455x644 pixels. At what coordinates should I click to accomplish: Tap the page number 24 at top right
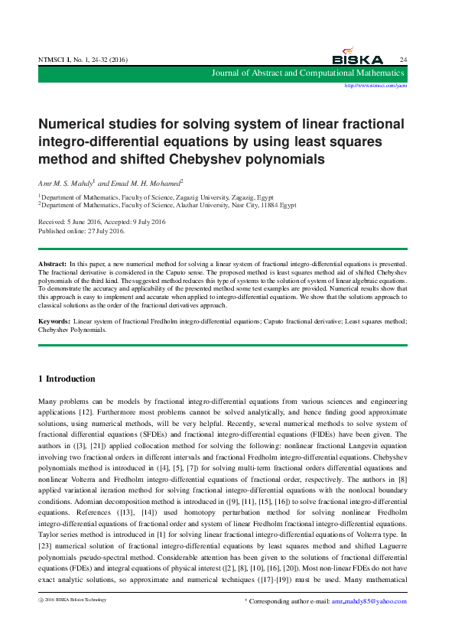(x=403, y=60)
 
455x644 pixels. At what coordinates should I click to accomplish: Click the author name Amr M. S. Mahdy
(x=65, y=184)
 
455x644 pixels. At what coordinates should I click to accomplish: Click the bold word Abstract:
(x=53, y=263)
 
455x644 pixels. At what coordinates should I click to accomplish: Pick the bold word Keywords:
(x=55, y=321)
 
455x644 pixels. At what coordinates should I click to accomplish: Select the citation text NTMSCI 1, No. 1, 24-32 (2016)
(x=83, y=60)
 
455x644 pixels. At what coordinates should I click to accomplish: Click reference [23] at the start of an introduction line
(x=44, y=540)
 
